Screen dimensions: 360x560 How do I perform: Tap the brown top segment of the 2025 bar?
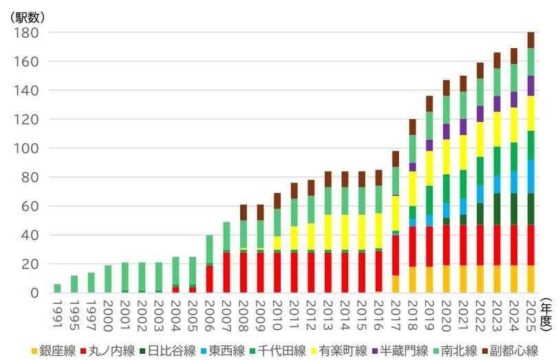[530, 40]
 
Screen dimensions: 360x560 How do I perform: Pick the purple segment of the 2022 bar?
[480, 114]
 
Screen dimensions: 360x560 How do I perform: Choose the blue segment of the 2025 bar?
[530, 176]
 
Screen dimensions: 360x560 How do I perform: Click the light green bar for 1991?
[58, 288]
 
